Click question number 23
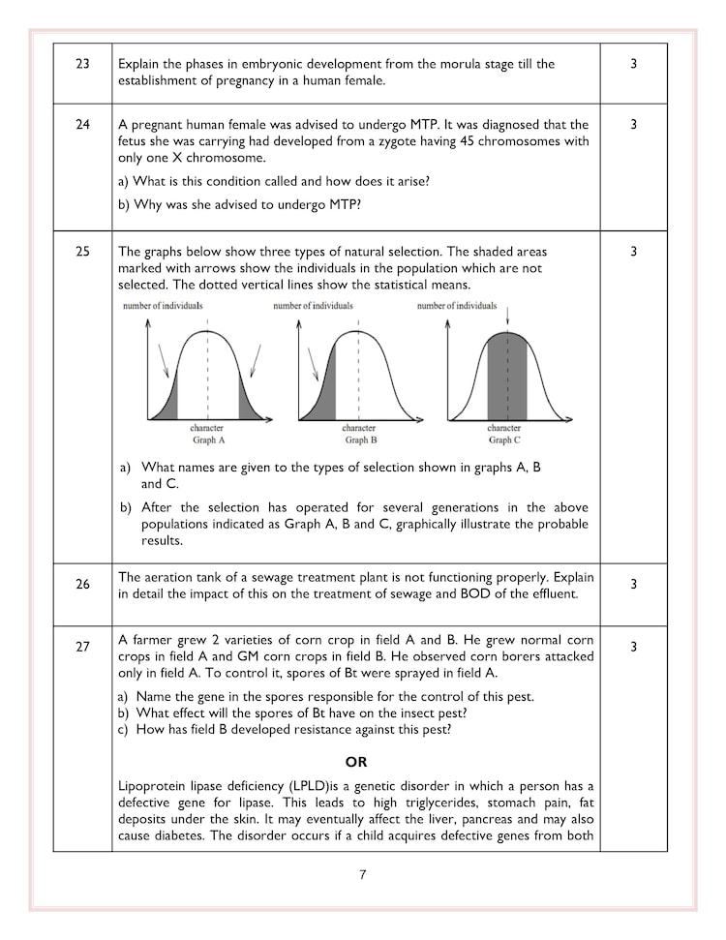[82, 64]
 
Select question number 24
[82, 125]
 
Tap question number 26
[82, 584]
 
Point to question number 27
[82, 647]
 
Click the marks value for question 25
[633, 252]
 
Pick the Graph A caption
[207, 440]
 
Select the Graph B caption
[358, 440]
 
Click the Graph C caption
[503, 440]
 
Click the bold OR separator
[355, 762]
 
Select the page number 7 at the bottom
[362, 875]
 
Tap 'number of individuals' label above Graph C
[456, 306]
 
